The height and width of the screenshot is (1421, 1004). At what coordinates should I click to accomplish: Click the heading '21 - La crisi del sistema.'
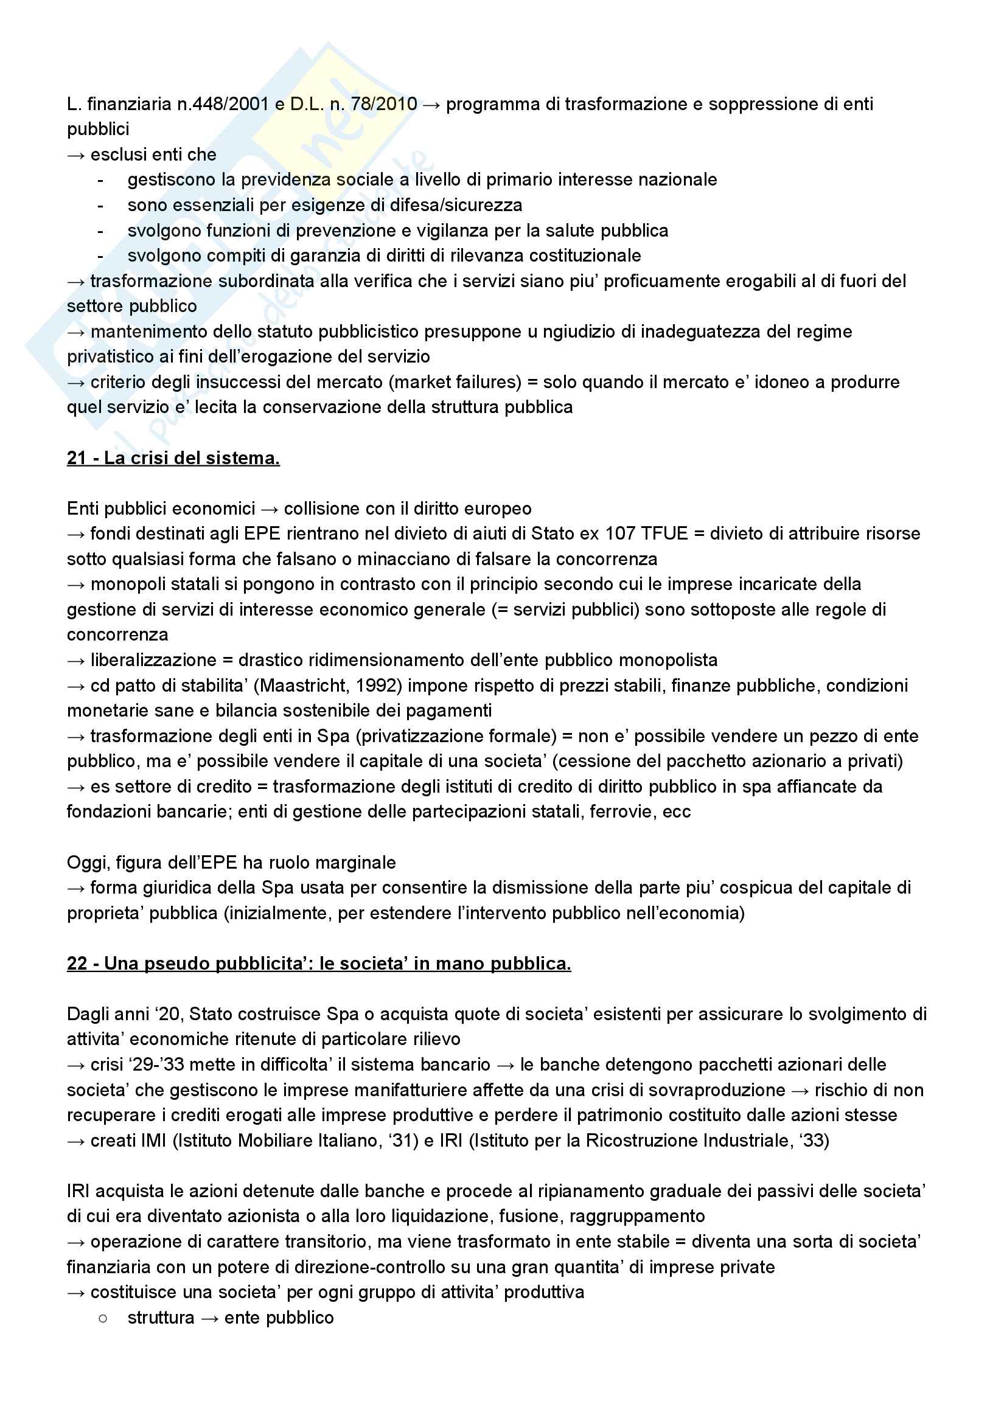[x=173, y=458]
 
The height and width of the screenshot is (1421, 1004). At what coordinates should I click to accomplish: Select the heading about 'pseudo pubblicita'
[x=319, y=964]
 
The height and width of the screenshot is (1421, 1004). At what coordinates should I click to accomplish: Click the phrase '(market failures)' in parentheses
[x=455, y=382]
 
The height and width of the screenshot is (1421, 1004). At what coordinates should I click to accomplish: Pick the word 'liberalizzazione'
[x=153, y=660]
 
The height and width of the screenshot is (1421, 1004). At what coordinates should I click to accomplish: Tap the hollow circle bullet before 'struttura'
[x=103, y=1318]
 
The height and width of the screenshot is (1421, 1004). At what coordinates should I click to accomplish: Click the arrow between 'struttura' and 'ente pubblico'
[x=210, y=1318]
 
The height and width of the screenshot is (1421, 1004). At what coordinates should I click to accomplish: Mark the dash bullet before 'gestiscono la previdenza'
[x=100, y=180]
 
